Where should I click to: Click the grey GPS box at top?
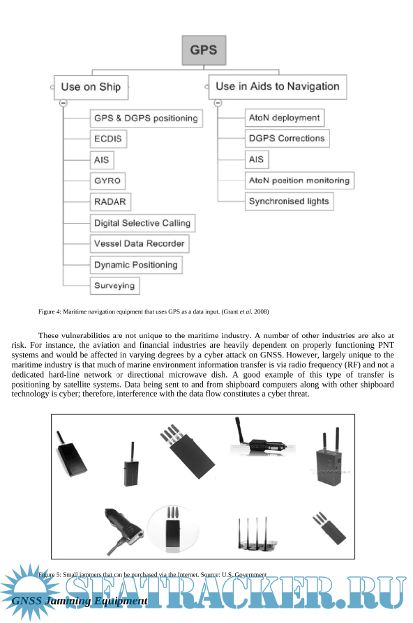point(204,50)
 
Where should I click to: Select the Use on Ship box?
point(91,87)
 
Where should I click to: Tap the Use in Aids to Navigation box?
point(278,87)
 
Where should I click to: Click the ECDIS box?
point(108,139)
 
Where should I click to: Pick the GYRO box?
point(107,180)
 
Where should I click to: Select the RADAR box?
point(110,202)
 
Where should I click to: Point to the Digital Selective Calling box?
point(142,223)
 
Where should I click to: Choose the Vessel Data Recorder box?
point(140,244)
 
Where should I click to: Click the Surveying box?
point(114,286)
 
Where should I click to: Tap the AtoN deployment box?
point(285,118)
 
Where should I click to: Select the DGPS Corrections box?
point(287,139)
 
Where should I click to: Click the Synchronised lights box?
point(290,201)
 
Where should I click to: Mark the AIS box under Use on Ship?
point(102,160)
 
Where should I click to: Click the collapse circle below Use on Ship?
point(63,103)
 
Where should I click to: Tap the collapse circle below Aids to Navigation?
point(218,103)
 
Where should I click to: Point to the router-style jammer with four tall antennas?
point(255,534)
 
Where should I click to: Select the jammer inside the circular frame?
point(173,528)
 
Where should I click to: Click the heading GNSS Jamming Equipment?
point(80,601)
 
